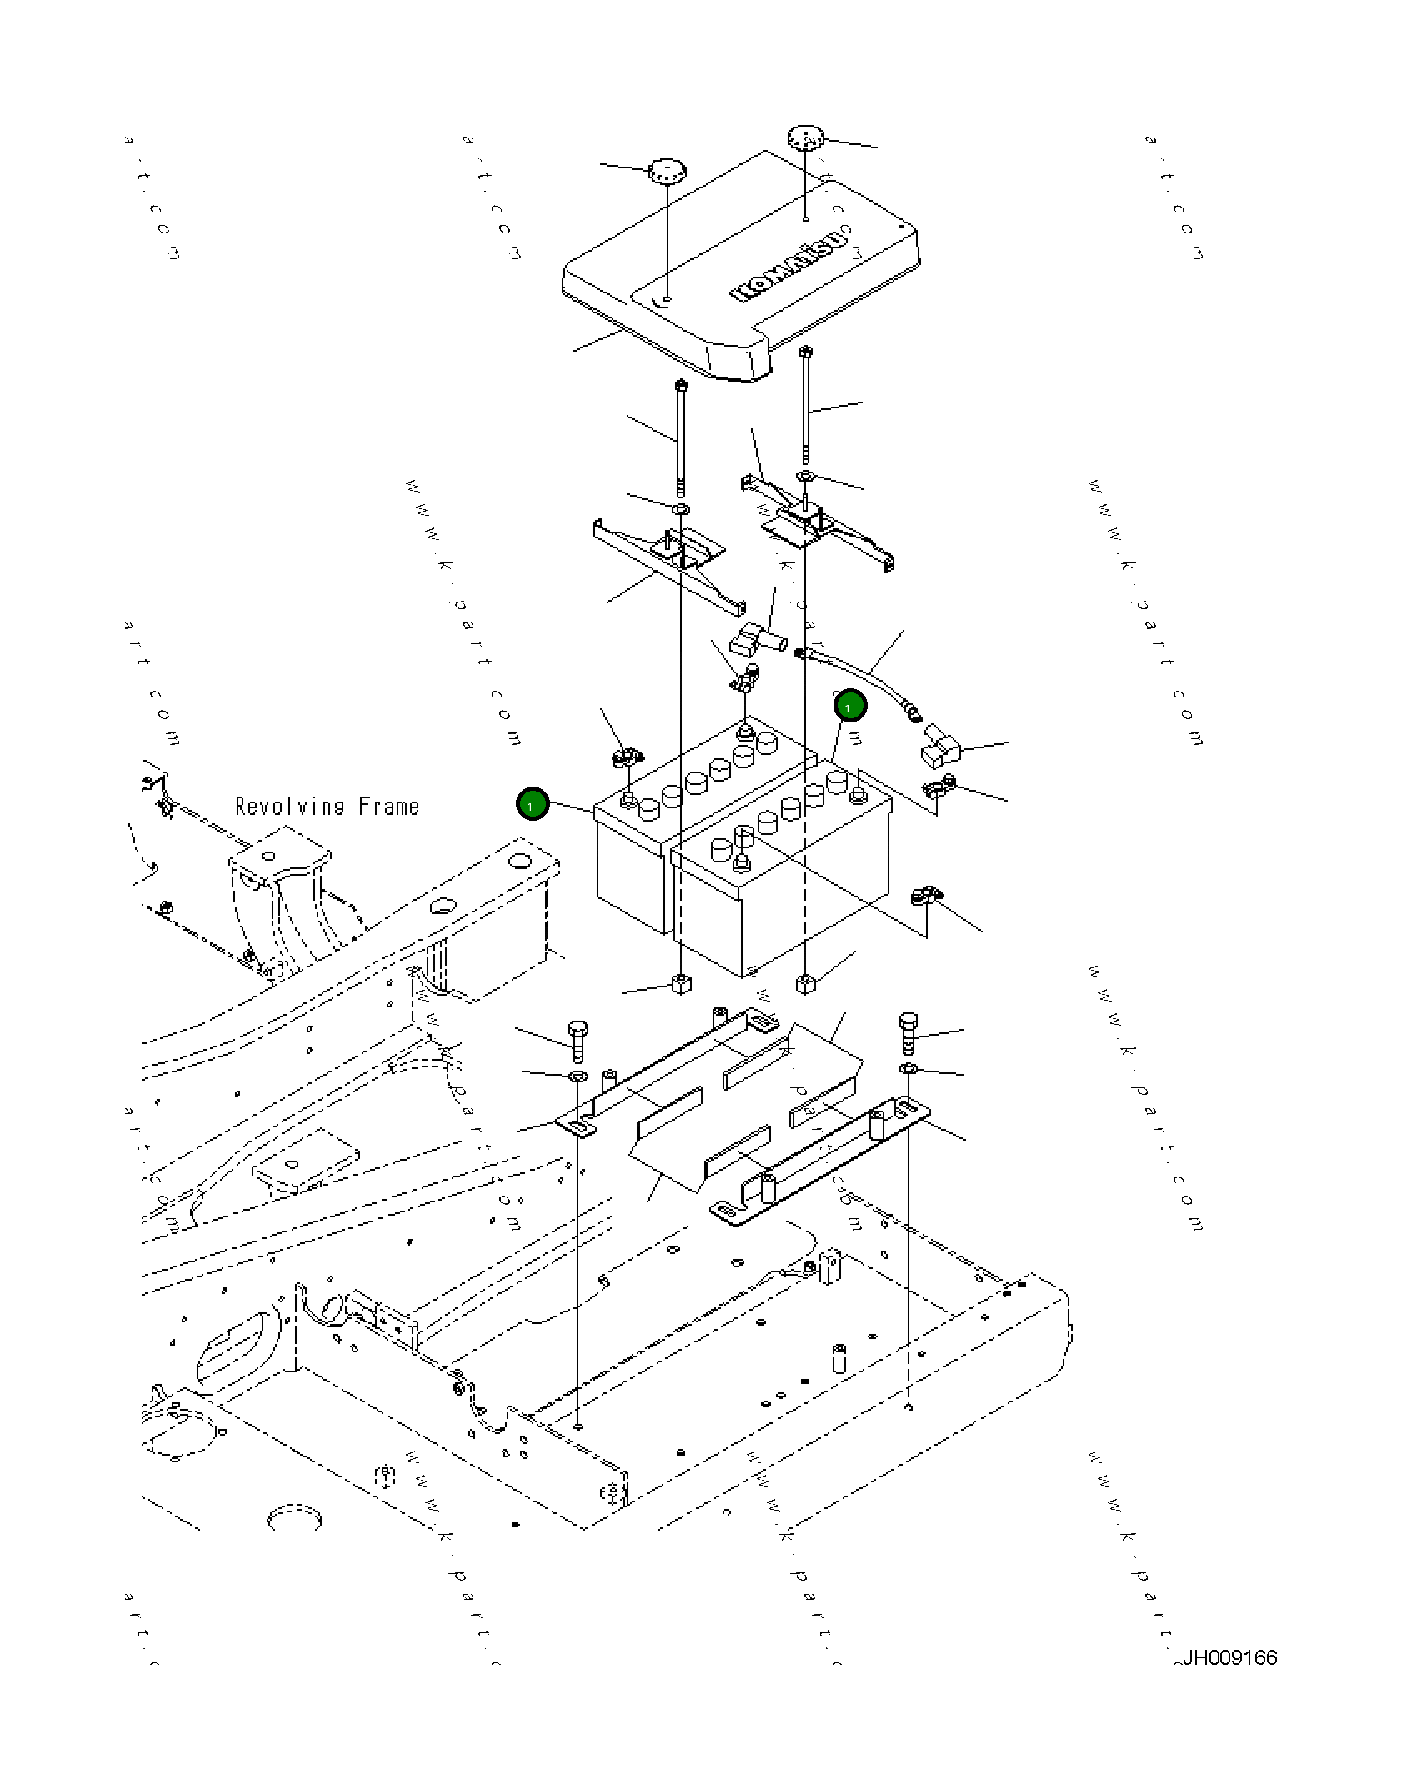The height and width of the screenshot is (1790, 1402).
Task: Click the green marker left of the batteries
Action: tap(532, 804)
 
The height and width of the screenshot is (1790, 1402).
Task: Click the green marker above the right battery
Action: tap(849, 707)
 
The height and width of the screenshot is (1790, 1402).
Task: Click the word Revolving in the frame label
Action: tap(289, 807)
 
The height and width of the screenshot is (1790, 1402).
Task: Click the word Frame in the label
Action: tap(388, 807)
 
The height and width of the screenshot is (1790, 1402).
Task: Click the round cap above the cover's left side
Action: tap(667, 172)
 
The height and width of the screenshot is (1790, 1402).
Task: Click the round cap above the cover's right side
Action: tap(805, 137)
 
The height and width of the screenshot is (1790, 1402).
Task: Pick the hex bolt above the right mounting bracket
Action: tap(909, 1033)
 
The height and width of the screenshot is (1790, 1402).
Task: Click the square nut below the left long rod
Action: tap(681, 984)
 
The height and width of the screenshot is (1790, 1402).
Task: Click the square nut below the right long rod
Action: tap(805, 983)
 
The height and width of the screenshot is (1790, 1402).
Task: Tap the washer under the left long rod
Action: tap(681, 508)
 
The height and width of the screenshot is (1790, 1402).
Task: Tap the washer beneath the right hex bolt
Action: tap(909, 1069)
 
